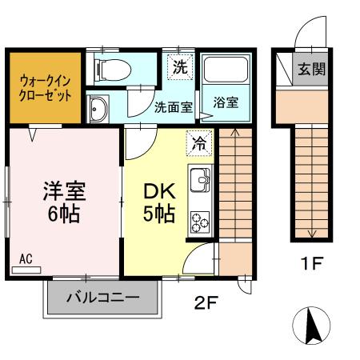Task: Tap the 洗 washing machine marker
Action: pos(180,67)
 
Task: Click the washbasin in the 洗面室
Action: pos(98,110)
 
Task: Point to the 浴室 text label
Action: pos(226,103)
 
